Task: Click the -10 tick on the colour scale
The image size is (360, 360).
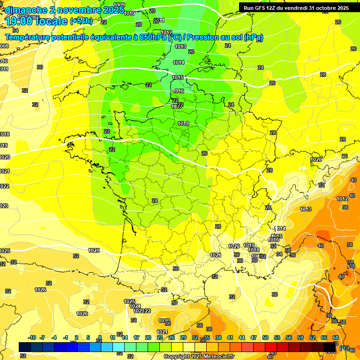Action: pyautogui.click(x=32, y=337)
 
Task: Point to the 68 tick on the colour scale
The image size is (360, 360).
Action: pyautogui.click(x=336, y=337)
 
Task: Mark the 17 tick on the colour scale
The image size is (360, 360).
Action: pyautogui.click(x=136, y=337)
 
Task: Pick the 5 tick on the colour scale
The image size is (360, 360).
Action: pyautogui.click(x=88, y=337)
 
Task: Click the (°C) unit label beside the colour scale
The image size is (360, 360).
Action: pyautogui.click(x=344, y=347)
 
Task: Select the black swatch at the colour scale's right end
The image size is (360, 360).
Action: pyautogui.click(x=330, y=346)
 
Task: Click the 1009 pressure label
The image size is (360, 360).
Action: pyautogui.click(x=120, y=5)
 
